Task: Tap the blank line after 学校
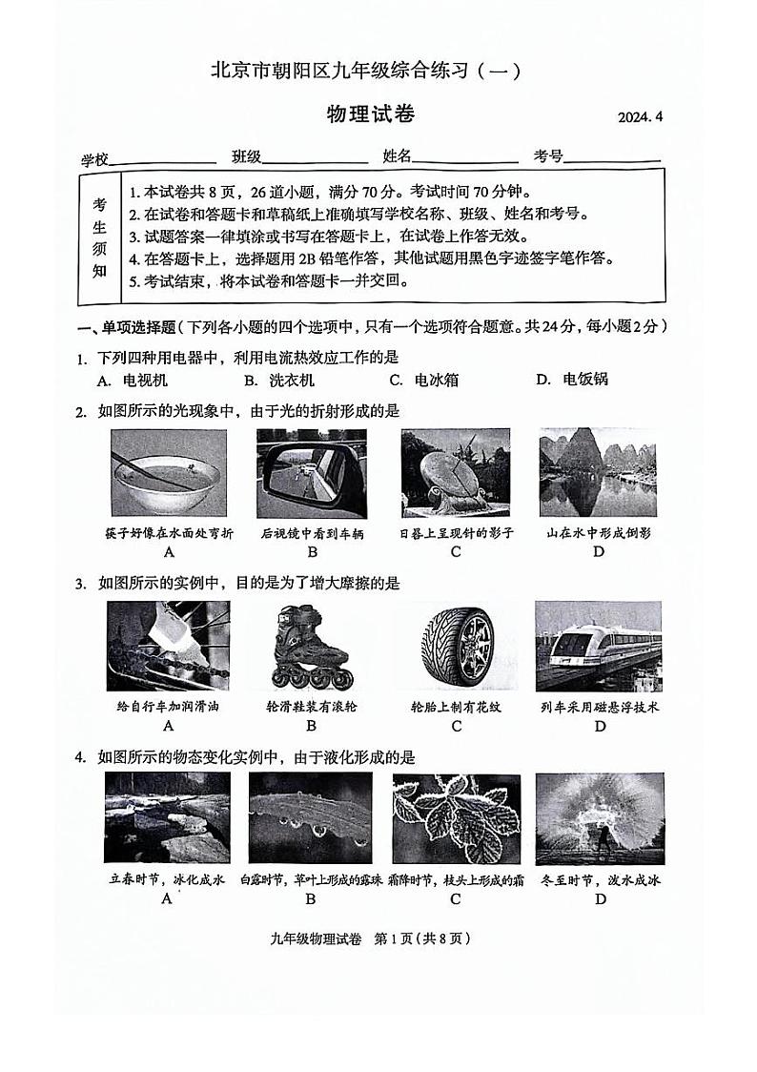pyautogui.click(x=163, y=158)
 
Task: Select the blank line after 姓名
pyautogui.click(x=465, y=158)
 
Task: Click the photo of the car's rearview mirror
pyautogui.click(x=311, y=473)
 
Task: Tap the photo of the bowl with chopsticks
pyautogui.click(x=169, y=473)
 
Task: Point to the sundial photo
pyautogui.click(x=456, y=473)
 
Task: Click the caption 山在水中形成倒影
pyautogui.click(x=599, y=533)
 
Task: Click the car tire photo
pyautogui.click(x=456, y=647)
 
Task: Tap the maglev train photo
pyautogui.click(x=599, y=646)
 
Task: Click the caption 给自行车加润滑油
pyautogui.click(x=169, y=707)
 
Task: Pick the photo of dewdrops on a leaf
pyautogui.click(x=311, y=818)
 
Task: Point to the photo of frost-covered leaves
pyautogui.click(x=456, y=818)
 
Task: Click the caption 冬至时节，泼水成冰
pyautogui.click(x=599, y=879)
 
